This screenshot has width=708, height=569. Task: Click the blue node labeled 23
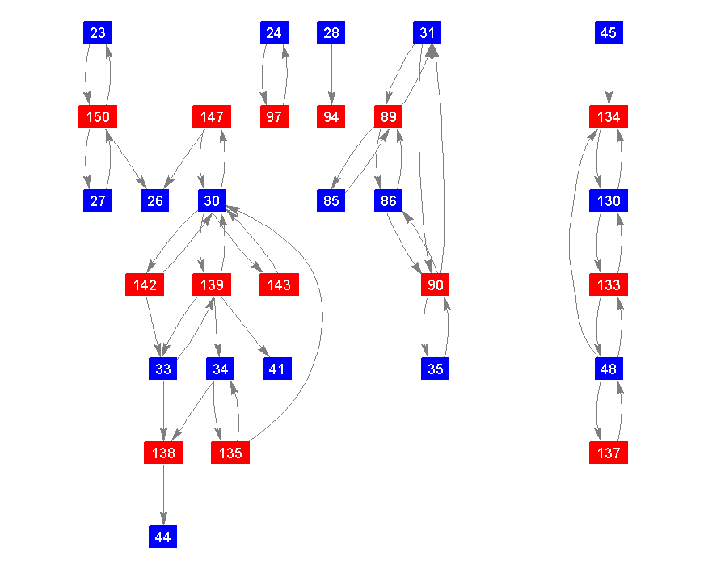point(98,33)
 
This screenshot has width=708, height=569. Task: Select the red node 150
point(98,117)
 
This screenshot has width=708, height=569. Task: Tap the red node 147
point(212,117)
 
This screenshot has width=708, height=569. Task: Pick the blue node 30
point(212,201)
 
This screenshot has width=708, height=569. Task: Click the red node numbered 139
point(212,285)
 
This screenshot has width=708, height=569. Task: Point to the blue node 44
point(163,537)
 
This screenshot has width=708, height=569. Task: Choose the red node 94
point(331,117)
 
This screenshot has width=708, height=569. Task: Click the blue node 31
point(428,33)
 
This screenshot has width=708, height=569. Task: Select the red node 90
point(435,285)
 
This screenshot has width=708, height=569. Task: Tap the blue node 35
point(435,369)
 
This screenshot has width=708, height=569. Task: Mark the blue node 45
point(609,33)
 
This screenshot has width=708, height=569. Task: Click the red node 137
point(609,453)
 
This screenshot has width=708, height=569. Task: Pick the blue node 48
point(609,369)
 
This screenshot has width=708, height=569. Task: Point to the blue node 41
point(276,369)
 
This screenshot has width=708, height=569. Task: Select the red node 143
point(279,285)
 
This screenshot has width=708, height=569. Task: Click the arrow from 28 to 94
point(331,75)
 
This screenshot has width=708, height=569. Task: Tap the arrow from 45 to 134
point(609,75)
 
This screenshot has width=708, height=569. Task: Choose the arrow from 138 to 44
point(163,495)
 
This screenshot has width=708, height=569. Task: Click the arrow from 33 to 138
point(163,411)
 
